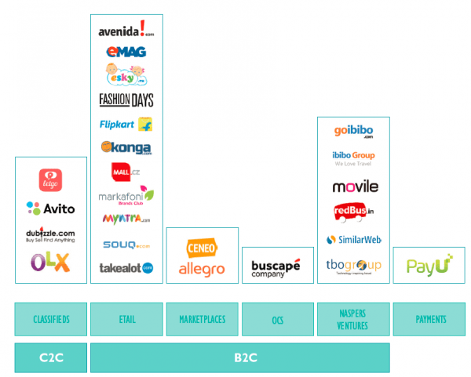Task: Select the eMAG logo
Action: (x=126, y=52)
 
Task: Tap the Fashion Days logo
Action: (x=126, y=100)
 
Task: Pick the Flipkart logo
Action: (x=126, y=124)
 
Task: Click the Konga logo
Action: (x=126, y=147)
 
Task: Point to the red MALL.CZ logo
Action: (x=126, y=171)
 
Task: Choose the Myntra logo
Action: (x=126, y=219)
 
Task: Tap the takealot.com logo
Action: (x=126, y=267)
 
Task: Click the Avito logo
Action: (x=51, y=208)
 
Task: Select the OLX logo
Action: (x=51, y=262)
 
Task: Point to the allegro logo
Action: (x=202, y=269)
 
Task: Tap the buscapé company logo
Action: (x=276, y=267)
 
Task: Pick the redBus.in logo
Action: (x=353, y=212)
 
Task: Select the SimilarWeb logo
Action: (x=353, y=239)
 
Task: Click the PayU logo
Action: (x=429, y=266)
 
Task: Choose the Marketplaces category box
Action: (x=202, y=319)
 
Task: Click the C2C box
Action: (x=50, y=357)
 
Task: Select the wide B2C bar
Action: (x=239, y=357)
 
